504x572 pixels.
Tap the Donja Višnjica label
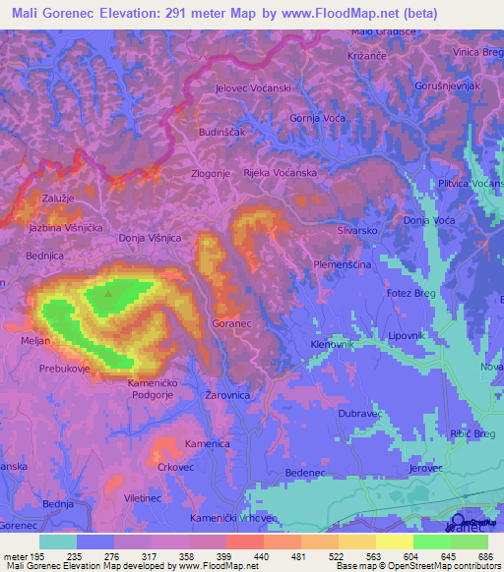pos(150,238)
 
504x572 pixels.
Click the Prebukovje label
pos(65,370)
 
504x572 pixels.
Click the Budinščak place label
pos(220,131)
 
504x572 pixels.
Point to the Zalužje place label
pos(58,198)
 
